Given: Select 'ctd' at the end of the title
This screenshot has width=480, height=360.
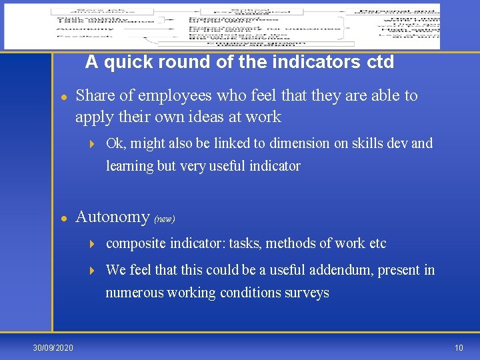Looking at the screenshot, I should pyautogui.click(x=381, y=63).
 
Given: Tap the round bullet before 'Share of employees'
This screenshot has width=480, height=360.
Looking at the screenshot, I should pyautogui.click(x=63, y=97).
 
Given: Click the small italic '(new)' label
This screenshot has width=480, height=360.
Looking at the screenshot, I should pyautogui.click(x=164, y=219).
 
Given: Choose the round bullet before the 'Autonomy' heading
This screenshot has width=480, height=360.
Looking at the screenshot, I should pyautogui.click(x=63, y=218).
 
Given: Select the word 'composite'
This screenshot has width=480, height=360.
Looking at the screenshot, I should pyautogui.click(x=133, y=244).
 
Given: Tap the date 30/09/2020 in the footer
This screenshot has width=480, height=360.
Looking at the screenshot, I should pyautogui.click(x=54, y=347).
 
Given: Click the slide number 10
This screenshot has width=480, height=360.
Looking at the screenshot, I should pyautogui.click(x=459, y=347).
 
